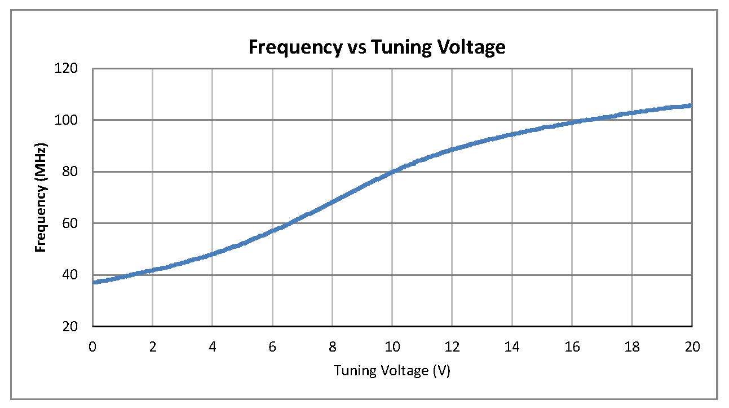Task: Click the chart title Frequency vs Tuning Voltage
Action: tap(377, 47)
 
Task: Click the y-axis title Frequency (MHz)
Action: tap(41, 197)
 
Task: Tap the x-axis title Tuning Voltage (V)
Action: tap(392, 371)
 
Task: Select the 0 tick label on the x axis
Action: tap(92, 347)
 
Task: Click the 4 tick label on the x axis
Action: tap(213, 347)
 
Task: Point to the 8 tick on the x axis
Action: tap(333, 347)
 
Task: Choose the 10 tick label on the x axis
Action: tap(392, 347)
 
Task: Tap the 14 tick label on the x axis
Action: tap(512, 347)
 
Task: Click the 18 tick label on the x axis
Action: tap(632, 347)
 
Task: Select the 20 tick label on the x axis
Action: tap(692, 347)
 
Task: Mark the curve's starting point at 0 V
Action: tap(94, 282)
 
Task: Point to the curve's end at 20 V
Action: tap(691, 106)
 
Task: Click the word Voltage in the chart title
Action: tap(471, 47)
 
